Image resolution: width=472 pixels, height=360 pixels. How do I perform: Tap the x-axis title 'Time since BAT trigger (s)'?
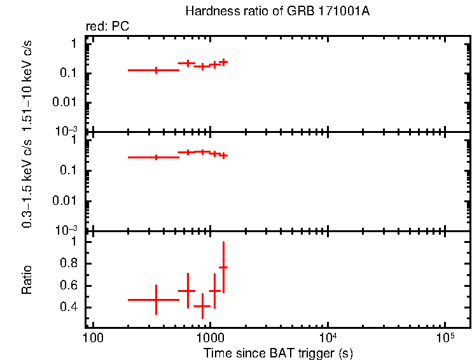pos(278,352)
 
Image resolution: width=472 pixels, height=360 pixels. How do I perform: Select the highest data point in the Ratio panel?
pos(223,268)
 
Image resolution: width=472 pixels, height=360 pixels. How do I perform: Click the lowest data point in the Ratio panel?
pos(202,306)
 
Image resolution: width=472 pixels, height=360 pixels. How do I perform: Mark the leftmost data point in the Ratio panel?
pos(156,300)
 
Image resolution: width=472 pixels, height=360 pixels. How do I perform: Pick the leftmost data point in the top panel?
pos(156,70)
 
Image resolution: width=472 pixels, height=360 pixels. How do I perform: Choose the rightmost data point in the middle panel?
pos(223,155)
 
